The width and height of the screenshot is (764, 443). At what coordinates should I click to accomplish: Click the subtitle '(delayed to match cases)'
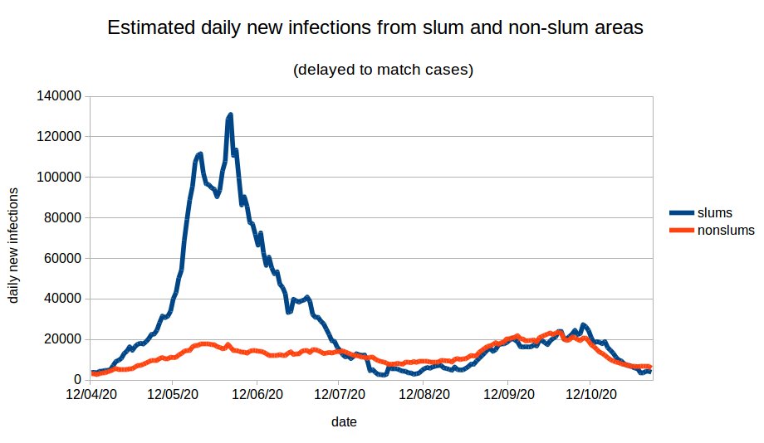tap(383, 70)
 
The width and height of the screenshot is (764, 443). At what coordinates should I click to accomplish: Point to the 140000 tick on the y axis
tap(58, 96)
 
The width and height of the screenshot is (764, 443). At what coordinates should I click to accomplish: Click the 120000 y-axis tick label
tap(58, 137)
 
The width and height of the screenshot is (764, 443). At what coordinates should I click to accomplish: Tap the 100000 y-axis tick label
tap(58, 177)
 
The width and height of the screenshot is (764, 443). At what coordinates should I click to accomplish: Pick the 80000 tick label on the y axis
tap(61, 217)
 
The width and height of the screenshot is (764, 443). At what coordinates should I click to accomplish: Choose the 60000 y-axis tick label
tap(61, 258)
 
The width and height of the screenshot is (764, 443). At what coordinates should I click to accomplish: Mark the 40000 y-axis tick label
tap(61, 299)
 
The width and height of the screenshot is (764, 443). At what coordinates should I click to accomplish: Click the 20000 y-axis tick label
tap(61, 339)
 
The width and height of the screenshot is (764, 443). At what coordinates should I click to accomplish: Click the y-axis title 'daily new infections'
tap(14, 246)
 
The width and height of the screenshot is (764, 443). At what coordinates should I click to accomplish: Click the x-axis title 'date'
tap(344, 422)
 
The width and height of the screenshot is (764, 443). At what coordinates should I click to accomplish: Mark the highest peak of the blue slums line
tap(229, 115)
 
